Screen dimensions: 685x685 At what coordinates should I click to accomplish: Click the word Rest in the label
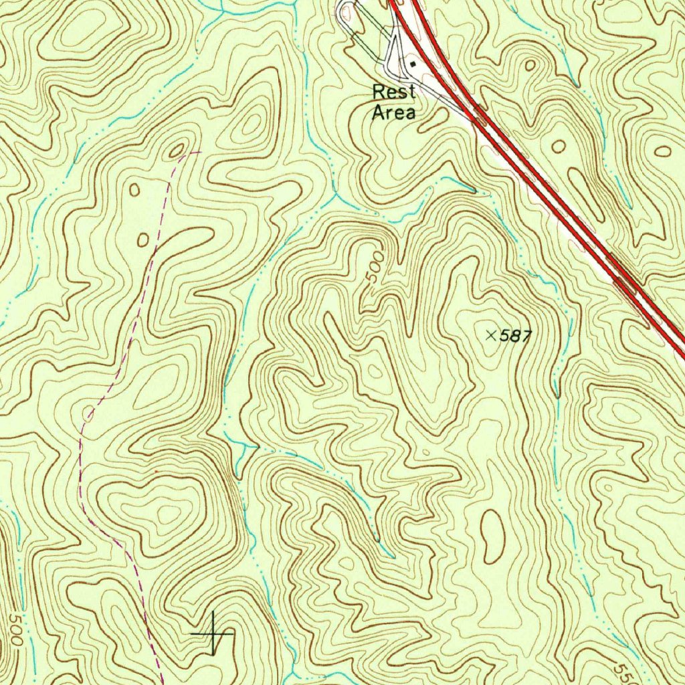394,92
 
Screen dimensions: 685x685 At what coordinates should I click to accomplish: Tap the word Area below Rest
393,112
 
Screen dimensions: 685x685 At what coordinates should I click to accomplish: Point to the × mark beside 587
491,335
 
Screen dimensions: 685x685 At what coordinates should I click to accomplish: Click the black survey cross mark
213,633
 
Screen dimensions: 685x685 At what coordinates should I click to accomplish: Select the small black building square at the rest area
413,64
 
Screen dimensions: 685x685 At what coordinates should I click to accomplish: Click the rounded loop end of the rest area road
345,10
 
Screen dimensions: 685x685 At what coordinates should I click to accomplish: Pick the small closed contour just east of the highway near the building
530,66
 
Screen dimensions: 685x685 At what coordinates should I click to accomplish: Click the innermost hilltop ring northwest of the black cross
167,514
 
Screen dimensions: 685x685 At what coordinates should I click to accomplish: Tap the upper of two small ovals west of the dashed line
134,190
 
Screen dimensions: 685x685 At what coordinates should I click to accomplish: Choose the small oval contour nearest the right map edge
663,150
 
